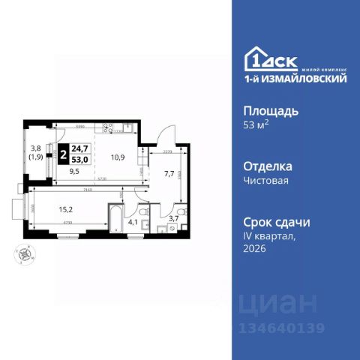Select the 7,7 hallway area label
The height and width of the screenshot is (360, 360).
tap(169, 173)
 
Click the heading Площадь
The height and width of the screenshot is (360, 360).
tap(271, 110)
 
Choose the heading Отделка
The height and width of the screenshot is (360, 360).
tap(268, 166)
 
